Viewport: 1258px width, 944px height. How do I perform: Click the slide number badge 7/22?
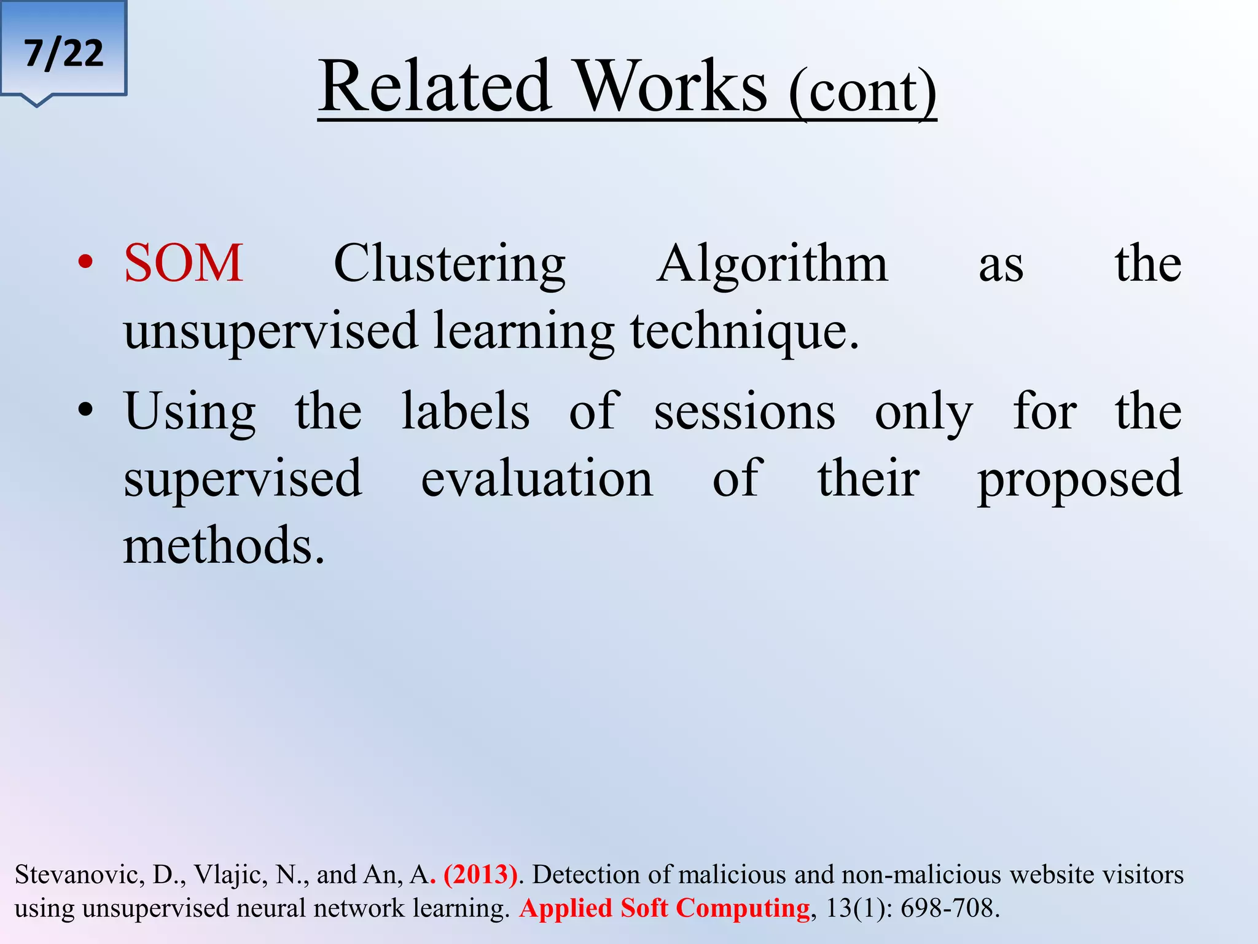pyautogui.click(x=64, y=53)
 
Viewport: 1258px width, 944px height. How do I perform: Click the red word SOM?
pyautogui.click(x=184, y=264)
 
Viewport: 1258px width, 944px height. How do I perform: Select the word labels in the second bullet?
pyautogui.click(x=465, y=411)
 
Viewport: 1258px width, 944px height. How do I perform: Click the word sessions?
pyautogui.click(x=744, y=412)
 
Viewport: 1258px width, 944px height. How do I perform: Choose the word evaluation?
pyautogui.click(x=537, y=479)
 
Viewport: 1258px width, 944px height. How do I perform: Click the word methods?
pyautogui.click(x=223, y=546)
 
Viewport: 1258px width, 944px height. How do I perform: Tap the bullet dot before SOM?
pyautogui.click(x=85, y=264)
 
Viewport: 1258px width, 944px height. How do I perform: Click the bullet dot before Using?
pyautogui.click(x=85, y=410)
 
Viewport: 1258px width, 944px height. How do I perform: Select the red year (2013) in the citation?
pyautogui.click(x=480, y=875)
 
